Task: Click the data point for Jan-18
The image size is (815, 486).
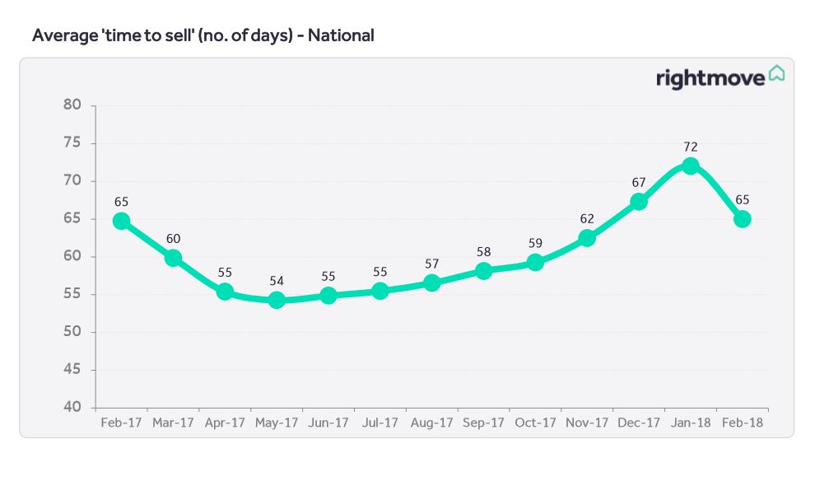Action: (690, 166)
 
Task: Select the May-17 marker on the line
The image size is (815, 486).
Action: (277, 300)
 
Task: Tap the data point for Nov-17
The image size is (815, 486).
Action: (587, 238)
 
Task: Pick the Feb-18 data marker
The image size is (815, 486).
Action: (742, 219)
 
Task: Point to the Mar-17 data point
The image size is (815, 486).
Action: (173, 258)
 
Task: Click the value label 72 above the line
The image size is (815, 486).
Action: (690, 147)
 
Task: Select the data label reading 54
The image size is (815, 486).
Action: (277, 281)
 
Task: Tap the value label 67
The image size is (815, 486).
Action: (638, 181)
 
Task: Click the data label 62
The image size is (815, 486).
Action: (587, 219)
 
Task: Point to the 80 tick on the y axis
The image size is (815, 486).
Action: (72, 105)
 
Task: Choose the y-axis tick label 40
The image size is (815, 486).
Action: (72, 408)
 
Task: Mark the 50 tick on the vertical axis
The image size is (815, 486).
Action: (72, 332)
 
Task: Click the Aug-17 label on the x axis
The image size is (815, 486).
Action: (432, 423)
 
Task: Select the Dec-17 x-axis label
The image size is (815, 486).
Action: (639, 423)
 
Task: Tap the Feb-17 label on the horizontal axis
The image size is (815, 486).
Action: (121, 423)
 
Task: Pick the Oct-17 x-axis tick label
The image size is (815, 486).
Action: (535, 423)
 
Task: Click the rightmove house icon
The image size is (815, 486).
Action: (776, 73)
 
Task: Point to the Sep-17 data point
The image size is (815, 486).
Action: (483, 270)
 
